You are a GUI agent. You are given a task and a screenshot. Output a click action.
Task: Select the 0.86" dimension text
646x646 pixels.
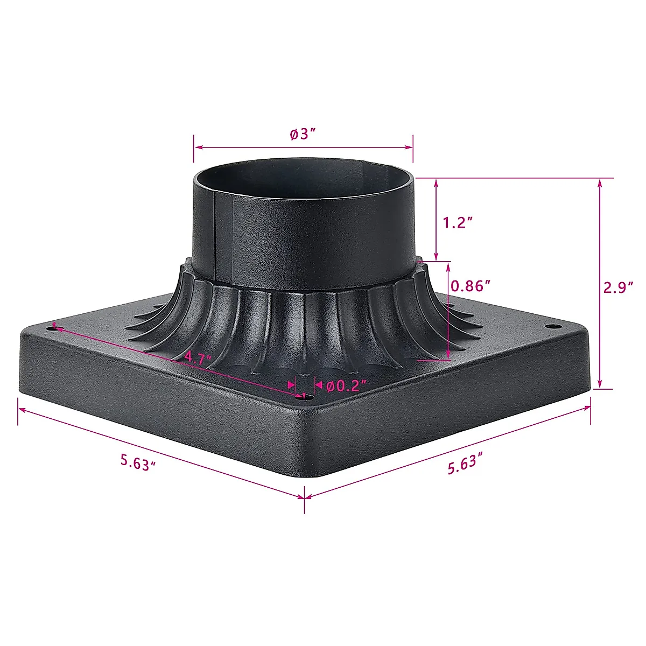(471, 285)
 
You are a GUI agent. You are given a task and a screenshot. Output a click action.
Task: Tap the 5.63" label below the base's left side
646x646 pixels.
(138, 462)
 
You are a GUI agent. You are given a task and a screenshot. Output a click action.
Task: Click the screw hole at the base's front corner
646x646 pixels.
(308, 396)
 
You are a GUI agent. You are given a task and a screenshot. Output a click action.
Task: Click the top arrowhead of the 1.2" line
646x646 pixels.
(436, 183)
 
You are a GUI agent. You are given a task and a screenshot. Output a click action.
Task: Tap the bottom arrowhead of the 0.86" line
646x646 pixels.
(448, 356)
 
